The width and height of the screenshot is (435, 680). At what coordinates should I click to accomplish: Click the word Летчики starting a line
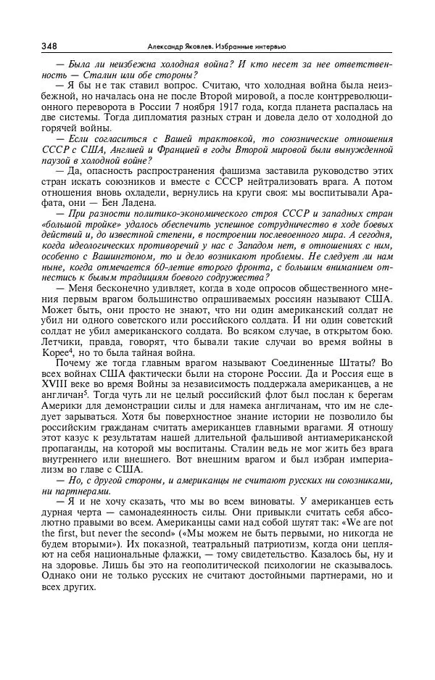[60, 343]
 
